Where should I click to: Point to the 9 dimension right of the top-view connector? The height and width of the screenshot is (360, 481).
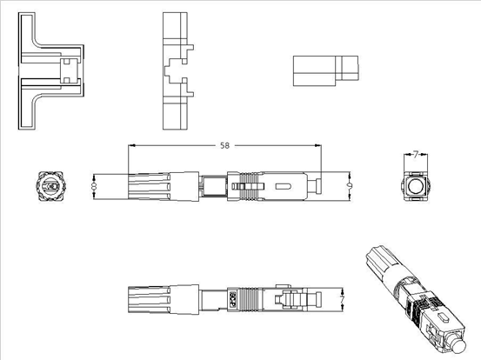point(349,185)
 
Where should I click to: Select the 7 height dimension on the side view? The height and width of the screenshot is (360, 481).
point(343,298)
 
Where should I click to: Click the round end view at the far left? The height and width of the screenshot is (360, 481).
point(49,186)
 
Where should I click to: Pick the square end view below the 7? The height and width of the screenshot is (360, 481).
point(416,185)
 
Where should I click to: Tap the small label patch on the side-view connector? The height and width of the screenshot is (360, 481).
point(231,297)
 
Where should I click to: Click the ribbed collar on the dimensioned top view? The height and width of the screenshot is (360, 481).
point(247,186)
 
